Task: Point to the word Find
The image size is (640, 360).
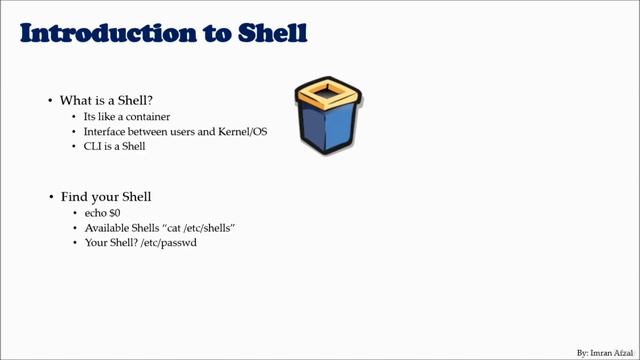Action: click(x=73, y=196)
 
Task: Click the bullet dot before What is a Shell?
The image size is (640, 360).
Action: click(x=50, y=101)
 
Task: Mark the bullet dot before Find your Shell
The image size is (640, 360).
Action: click(x=50, y=197)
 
